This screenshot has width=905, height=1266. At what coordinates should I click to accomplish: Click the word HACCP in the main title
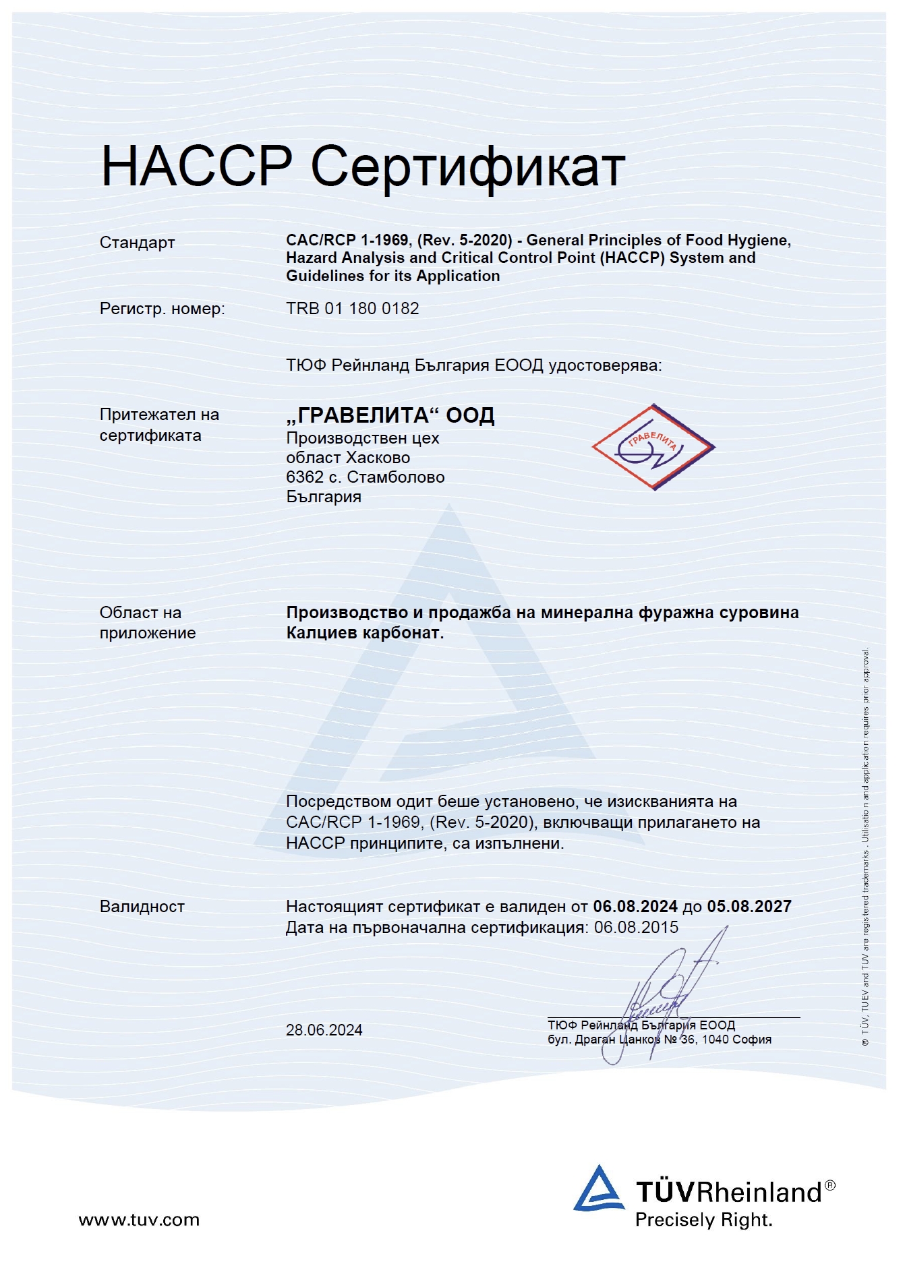(196, 166)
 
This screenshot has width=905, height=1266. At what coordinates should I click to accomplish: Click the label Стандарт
(137, 243)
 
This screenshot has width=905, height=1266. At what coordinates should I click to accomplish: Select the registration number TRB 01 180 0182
(352, 309)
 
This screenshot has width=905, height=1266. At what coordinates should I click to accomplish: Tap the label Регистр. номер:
(162, 309)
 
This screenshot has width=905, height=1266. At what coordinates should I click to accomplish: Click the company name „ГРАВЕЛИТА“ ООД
(390, 415)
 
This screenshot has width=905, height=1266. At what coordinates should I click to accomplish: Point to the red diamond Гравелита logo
(653, 447)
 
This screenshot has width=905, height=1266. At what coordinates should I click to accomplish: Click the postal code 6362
(305, 477)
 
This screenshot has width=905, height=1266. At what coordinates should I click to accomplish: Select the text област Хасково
(348, 458)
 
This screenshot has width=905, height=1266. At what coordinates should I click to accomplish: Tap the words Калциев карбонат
(364, 633)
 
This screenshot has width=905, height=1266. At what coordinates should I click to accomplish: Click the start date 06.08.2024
(635, 907)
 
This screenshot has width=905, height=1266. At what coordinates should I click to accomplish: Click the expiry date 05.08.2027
(749, 907)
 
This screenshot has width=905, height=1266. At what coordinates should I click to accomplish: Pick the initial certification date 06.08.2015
(636, 928)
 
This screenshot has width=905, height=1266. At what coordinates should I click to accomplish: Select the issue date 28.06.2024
(324, 1030)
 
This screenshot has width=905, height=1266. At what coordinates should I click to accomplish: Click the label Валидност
(142, 907)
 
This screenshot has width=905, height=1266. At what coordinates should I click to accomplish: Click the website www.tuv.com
(139, 1219)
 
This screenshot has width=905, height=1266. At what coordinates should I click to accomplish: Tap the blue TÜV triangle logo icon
(598, 1189)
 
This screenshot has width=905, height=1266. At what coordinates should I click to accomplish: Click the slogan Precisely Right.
(703, 1219)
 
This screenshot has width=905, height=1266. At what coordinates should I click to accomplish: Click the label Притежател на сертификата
(159, 425)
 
